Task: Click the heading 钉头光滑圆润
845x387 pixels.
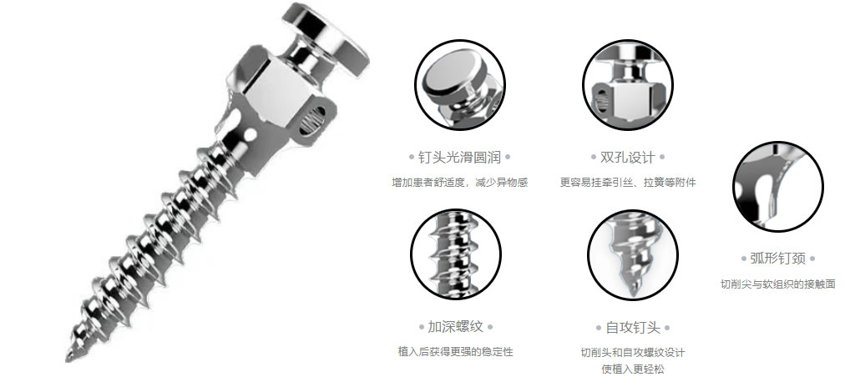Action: click(460, 158)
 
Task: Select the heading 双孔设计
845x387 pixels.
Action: click(628, 158)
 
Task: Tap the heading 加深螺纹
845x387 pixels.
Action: click(455, 327)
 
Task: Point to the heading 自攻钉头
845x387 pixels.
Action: click(633, 327)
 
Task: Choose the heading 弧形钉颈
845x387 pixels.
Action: click(777, 259)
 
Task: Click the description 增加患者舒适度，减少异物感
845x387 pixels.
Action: click(460, 183)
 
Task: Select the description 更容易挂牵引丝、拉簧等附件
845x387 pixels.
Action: click(628, 183)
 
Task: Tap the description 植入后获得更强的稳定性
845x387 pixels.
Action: click(455, 352)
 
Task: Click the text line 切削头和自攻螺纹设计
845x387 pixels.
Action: click(633, 353)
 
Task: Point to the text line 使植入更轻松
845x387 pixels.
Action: click(633, 369)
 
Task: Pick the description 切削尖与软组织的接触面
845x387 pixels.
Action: click(778, 284)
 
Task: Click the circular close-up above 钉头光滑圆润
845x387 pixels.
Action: click(460, 85)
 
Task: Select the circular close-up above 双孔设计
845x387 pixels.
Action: click(628, 85)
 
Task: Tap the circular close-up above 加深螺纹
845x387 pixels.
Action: click(456, 254)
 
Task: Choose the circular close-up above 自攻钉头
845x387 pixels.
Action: click(633, 254)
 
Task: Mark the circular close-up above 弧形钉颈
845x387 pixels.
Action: click(778, 187)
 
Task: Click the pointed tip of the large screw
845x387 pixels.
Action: click(68, 359)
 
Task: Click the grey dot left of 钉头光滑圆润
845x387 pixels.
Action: click(412, 158)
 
